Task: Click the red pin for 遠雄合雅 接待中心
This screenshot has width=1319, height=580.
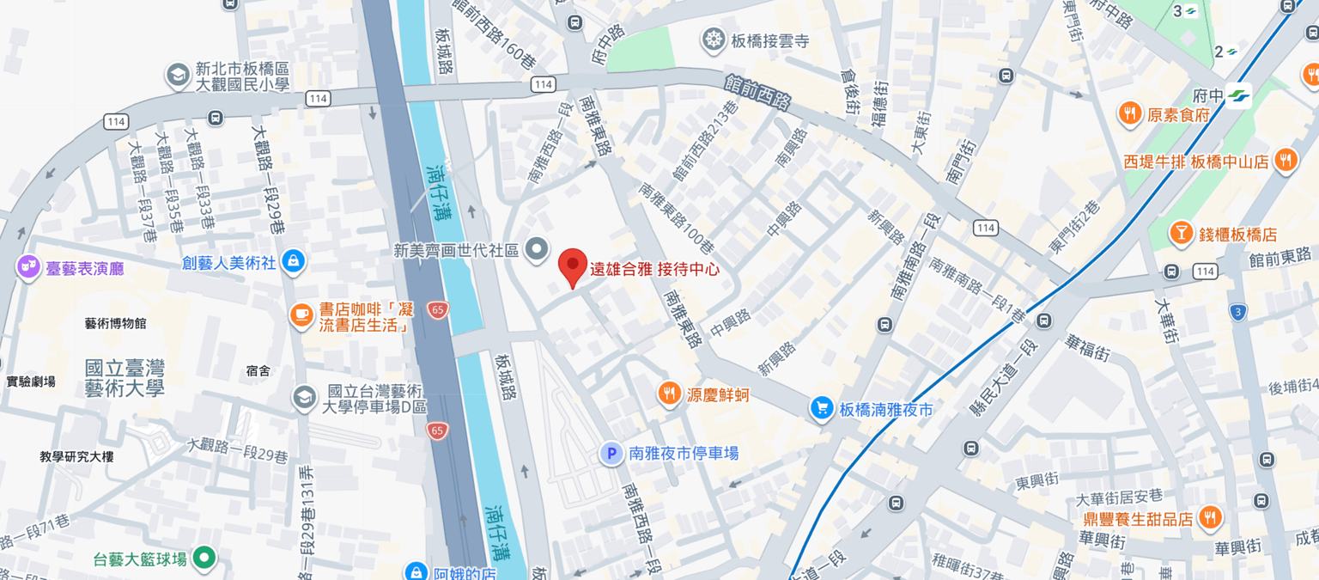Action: click(x=573, y=266)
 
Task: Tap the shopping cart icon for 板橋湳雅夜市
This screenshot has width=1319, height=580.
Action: click(x=823, y=409)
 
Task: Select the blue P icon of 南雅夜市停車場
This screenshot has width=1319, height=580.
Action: click(x=611, y=454)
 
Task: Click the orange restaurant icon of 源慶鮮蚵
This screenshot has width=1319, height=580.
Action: click(x=670, y=394)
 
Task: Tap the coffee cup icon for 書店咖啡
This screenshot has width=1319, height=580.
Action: click(x=301, y=316)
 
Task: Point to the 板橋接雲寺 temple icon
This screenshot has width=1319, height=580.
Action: click(x=714, y=40)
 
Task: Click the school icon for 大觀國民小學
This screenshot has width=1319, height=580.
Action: click(x=178, y=76)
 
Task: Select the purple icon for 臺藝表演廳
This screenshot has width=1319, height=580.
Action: click(x=27, y=268)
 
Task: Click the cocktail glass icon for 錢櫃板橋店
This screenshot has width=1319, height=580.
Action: click(x=1182, y=234)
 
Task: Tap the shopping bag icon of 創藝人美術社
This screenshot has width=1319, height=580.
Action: click(x=293, y=261)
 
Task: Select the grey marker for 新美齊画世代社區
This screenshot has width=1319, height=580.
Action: click(x=537, y=250)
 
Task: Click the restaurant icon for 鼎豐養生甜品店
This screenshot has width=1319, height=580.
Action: click(x=1210, y=518)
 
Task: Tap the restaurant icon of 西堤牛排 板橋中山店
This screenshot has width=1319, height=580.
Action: click(x=1286, y=161)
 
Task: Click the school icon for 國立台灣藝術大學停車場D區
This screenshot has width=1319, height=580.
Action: click(x=303, y=398)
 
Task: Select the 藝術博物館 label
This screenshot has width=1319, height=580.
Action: click(x=115, y=323)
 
